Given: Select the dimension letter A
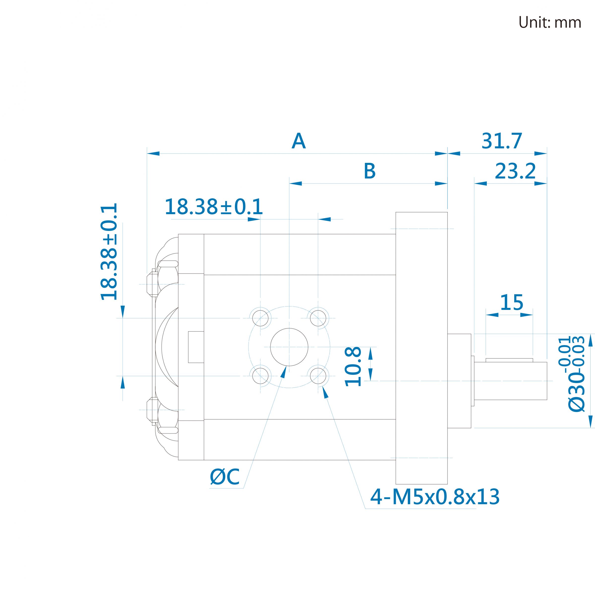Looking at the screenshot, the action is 298,141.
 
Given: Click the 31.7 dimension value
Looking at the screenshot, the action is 502,141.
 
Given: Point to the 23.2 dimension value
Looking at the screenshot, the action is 515,171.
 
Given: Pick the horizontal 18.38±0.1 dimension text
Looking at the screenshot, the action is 214,207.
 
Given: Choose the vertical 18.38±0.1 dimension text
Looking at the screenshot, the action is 109,251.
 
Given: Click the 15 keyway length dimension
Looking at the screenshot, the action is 511,302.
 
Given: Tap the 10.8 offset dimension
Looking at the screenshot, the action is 353,366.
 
